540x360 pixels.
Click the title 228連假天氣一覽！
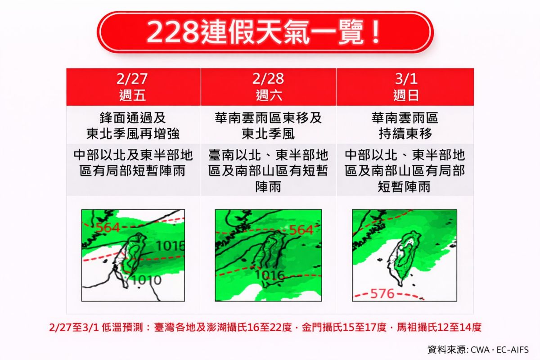click(x=265, y=32)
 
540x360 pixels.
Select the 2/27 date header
click(x=133, y=79)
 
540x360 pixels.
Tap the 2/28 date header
click(x=269, y=79)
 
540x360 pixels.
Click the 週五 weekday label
click(x=133, y=95)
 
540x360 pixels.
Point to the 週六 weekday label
click(x=269, y=95)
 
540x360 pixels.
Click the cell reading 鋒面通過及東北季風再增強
click(x=133, y=126)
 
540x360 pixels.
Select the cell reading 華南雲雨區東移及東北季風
click(x=269, y=126)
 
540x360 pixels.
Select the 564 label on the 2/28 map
click(x=301, y=230)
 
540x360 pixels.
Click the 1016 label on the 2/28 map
click(x=270, y=274)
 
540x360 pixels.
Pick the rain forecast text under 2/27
click(x=133, y=163)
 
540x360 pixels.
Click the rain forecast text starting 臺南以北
click(x=269, y=171)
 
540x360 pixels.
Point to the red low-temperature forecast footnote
click(x=265, y=327)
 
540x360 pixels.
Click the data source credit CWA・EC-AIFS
click(x=478, y=350)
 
